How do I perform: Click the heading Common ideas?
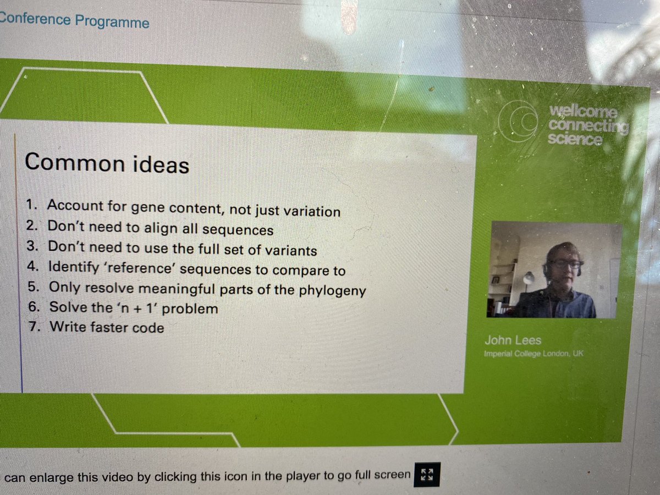(107, 163)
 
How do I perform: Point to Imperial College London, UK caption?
(533, 353)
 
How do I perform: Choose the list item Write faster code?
(107, 327)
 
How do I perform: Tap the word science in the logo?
(575, 140)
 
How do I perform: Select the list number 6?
(31, 307)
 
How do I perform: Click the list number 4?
(31, 269)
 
